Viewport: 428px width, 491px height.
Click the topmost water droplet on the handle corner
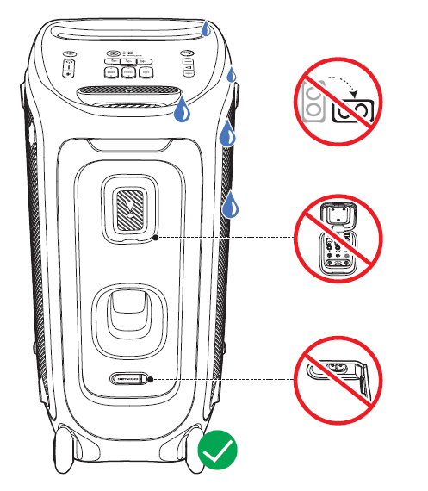point(205,28)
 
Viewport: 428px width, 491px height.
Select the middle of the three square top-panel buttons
point(127,74)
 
